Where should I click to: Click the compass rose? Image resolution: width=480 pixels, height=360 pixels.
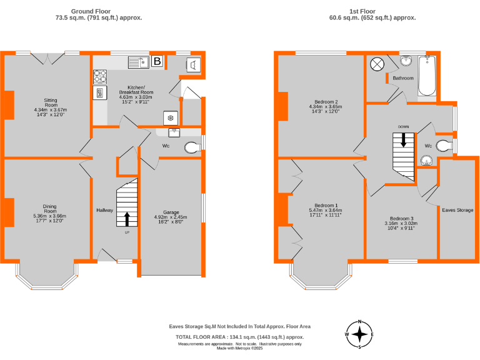click(360, 334)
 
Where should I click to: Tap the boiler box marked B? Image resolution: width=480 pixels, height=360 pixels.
click(157, 61)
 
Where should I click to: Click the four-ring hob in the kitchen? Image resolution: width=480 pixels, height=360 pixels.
click(100, 76)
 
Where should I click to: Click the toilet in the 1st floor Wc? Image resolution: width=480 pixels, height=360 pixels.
click(444, 146)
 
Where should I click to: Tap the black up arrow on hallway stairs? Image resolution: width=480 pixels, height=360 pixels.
click(127, 219)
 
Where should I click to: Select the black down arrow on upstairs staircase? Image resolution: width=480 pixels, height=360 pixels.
click(404, 141)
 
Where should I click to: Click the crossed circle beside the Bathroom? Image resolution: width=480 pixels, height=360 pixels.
click(377, 64)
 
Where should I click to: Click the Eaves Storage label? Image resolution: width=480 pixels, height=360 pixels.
click(457, 210)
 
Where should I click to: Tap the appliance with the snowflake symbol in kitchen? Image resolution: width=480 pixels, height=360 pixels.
click(169, 118)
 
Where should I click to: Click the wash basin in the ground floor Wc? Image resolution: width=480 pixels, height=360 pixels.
click(173, 132)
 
